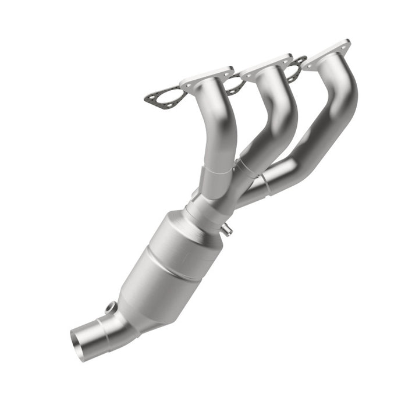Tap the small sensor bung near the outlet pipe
(x=111, y=307)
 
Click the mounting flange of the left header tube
(x=207, y=78)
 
